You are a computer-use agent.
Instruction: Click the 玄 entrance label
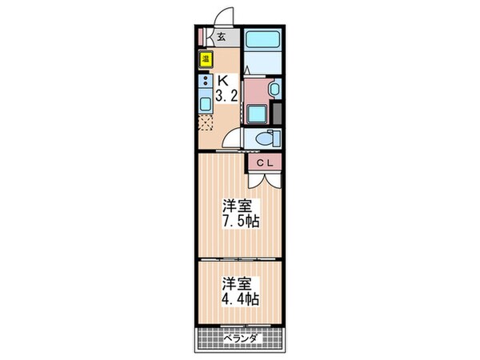(x=222, y=36)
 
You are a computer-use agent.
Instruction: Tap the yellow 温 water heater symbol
(x=206, y=58)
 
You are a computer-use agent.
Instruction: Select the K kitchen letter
(x=225, y=80)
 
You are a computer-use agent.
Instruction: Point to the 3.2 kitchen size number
(x=225, y=95)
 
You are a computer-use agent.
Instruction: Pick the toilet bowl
(x=263, y=138)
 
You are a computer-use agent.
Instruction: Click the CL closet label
(x=266, y=163)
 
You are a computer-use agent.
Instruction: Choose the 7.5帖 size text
(x=239, y=221)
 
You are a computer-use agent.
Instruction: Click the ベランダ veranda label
(x=240, y=339)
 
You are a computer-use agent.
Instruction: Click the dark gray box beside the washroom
(x=278, y=112)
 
